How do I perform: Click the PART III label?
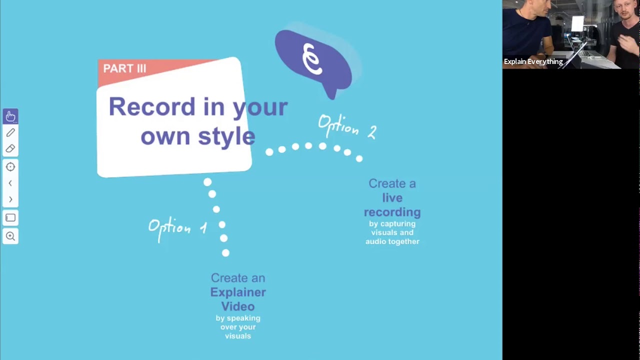click(124, 68)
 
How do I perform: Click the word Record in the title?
click(151, 106)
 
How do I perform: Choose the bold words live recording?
click(392, 205)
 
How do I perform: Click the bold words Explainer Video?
click(238, 299)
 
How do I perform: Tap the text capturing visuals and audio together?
click(392, 232)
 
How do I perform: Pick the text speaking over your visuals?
click(238, 327)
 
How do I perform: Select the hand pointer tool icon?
click(10, 116)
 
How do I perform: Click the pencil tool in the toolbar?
click(10, 132)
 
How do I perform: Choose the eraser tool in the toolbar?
click(10, 148)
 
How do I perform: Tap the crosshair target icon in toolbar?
click(10, 167)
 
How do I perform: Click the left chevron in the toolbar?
click(10, 183)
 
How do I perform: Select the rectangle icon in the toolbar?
click(10, 218)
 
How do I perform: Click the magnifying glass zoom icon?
click(10, 236)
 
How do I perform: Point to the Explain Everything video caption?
click(533, 61)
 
